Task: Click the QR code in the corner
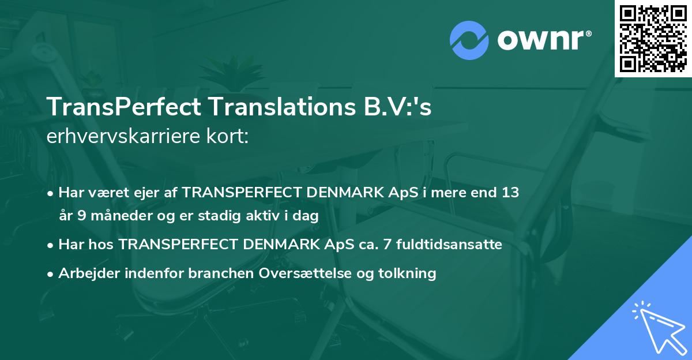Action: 653,39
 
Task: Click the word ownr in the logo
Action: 539,40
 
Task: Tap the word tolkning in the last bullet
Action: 409,273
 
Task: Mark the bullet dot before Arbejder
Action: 51,274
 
